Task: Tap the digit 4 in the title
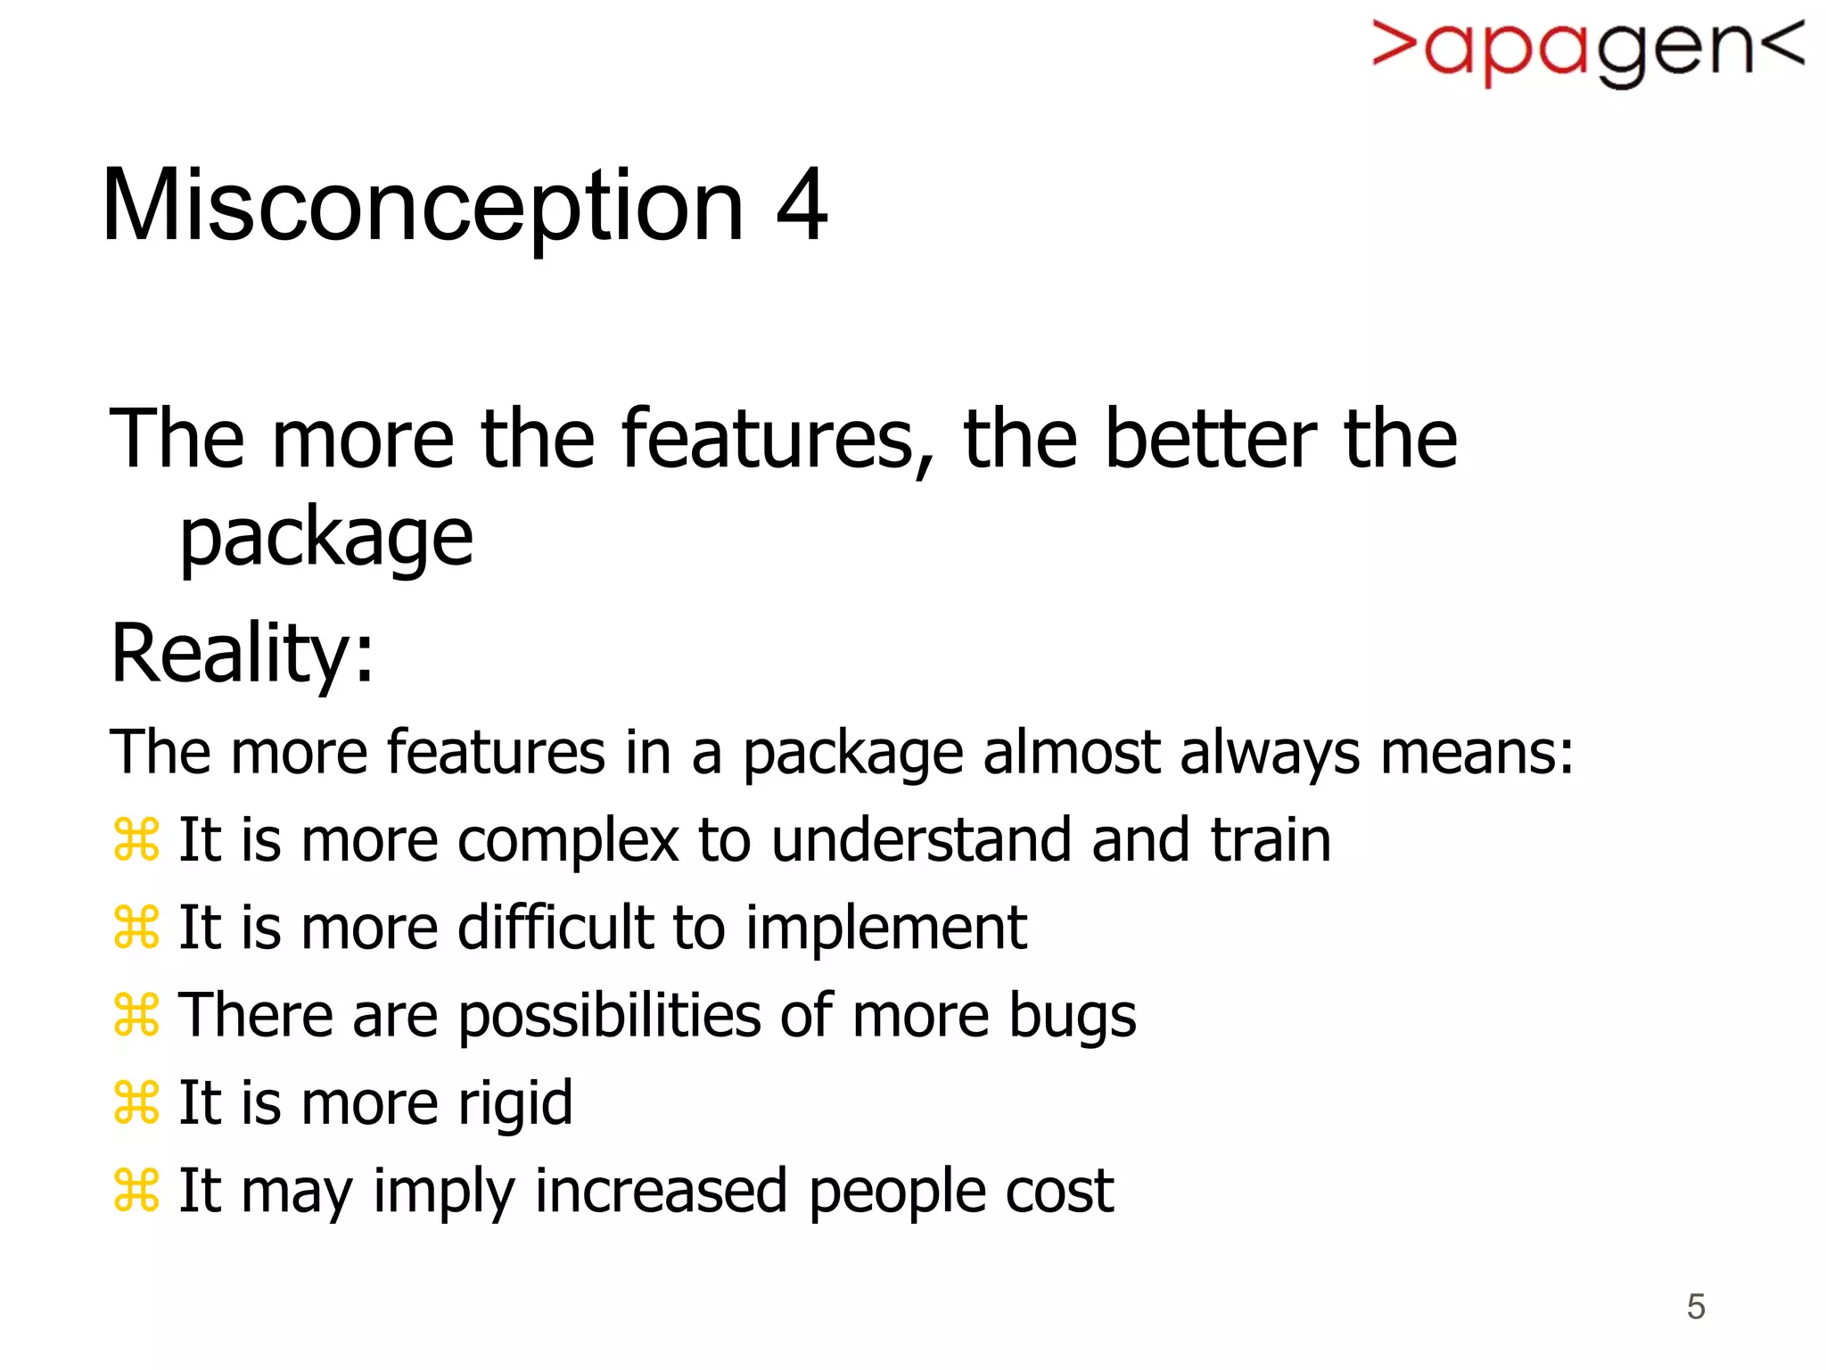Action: [x=802, y=206]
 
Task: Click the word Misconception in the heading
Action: [x=423, y=208]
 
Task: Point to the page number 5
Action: [x=1695, y=1307]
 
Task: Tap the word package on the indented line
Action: [x=326, y=540]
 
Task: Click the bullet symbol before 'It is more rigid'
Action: [x=136, y=1102]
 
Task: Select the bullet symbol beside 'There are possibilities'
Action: [x=136, y=1015]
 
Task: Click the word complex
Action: [x=568, y=840]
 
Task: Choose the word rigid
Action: [x=514, y=1104]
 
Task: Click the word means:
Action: [x=1476, y=753]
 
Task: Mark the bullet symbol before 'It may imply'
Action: [x=136, y=1190]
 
